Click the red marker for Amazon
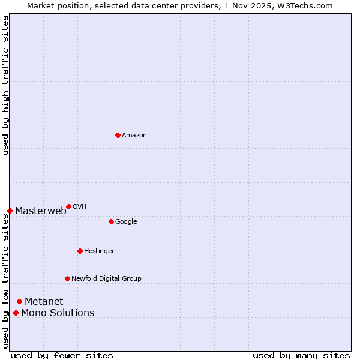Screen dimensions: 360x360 pyautogui.click(x=118, y=135)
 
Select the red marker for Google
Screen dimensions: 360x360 pyautogui.click(x=111, y=221)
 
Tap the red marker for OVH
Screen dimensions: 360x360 pyautogui.click(x=68, y=206)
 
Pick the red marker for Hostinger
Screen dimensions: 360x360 pyautogui.click(x=80, y=251)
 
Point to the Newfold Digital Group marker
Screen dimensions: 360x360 pyautogui.click(x=67, y=278)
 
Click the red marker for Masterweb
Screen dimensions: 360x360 pyautogui.click(x=10, y=211)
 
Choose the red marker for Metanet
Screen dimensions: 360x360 pyautogui.click(x=19, y=301)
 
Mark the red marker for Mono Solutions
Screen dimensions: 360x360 pyautogui.click(x=16, y=313)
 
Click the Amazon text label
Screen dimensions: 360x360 pyautogui.click(x=134, y=136)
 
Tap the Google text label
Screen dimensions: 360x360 pyautogui.click(x=126, y=222)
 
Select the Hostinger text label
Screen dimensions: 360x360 pyautogui.click(x=99, y=251)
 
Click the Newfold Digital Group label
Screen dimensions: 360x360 pyautogui.click(x=106, y=278)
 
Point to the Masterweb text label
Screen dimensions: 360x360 pyautogui.click(x=41, y=211)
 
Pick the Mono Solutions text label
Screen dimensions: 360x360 pyautogui.click(x=58, y=313)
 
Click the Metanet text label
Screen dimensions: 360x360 pyautogui.click(x=44, y=301)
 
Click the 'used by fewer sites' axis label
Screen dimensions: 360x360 pyautogui.click(x=62, y=355)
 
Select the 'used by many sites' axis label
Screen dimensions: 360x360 pyautogui.click(x=301, y=355)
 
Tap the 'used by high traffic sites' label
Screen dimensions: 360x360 pyautogui.click(x=5, y=85)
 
